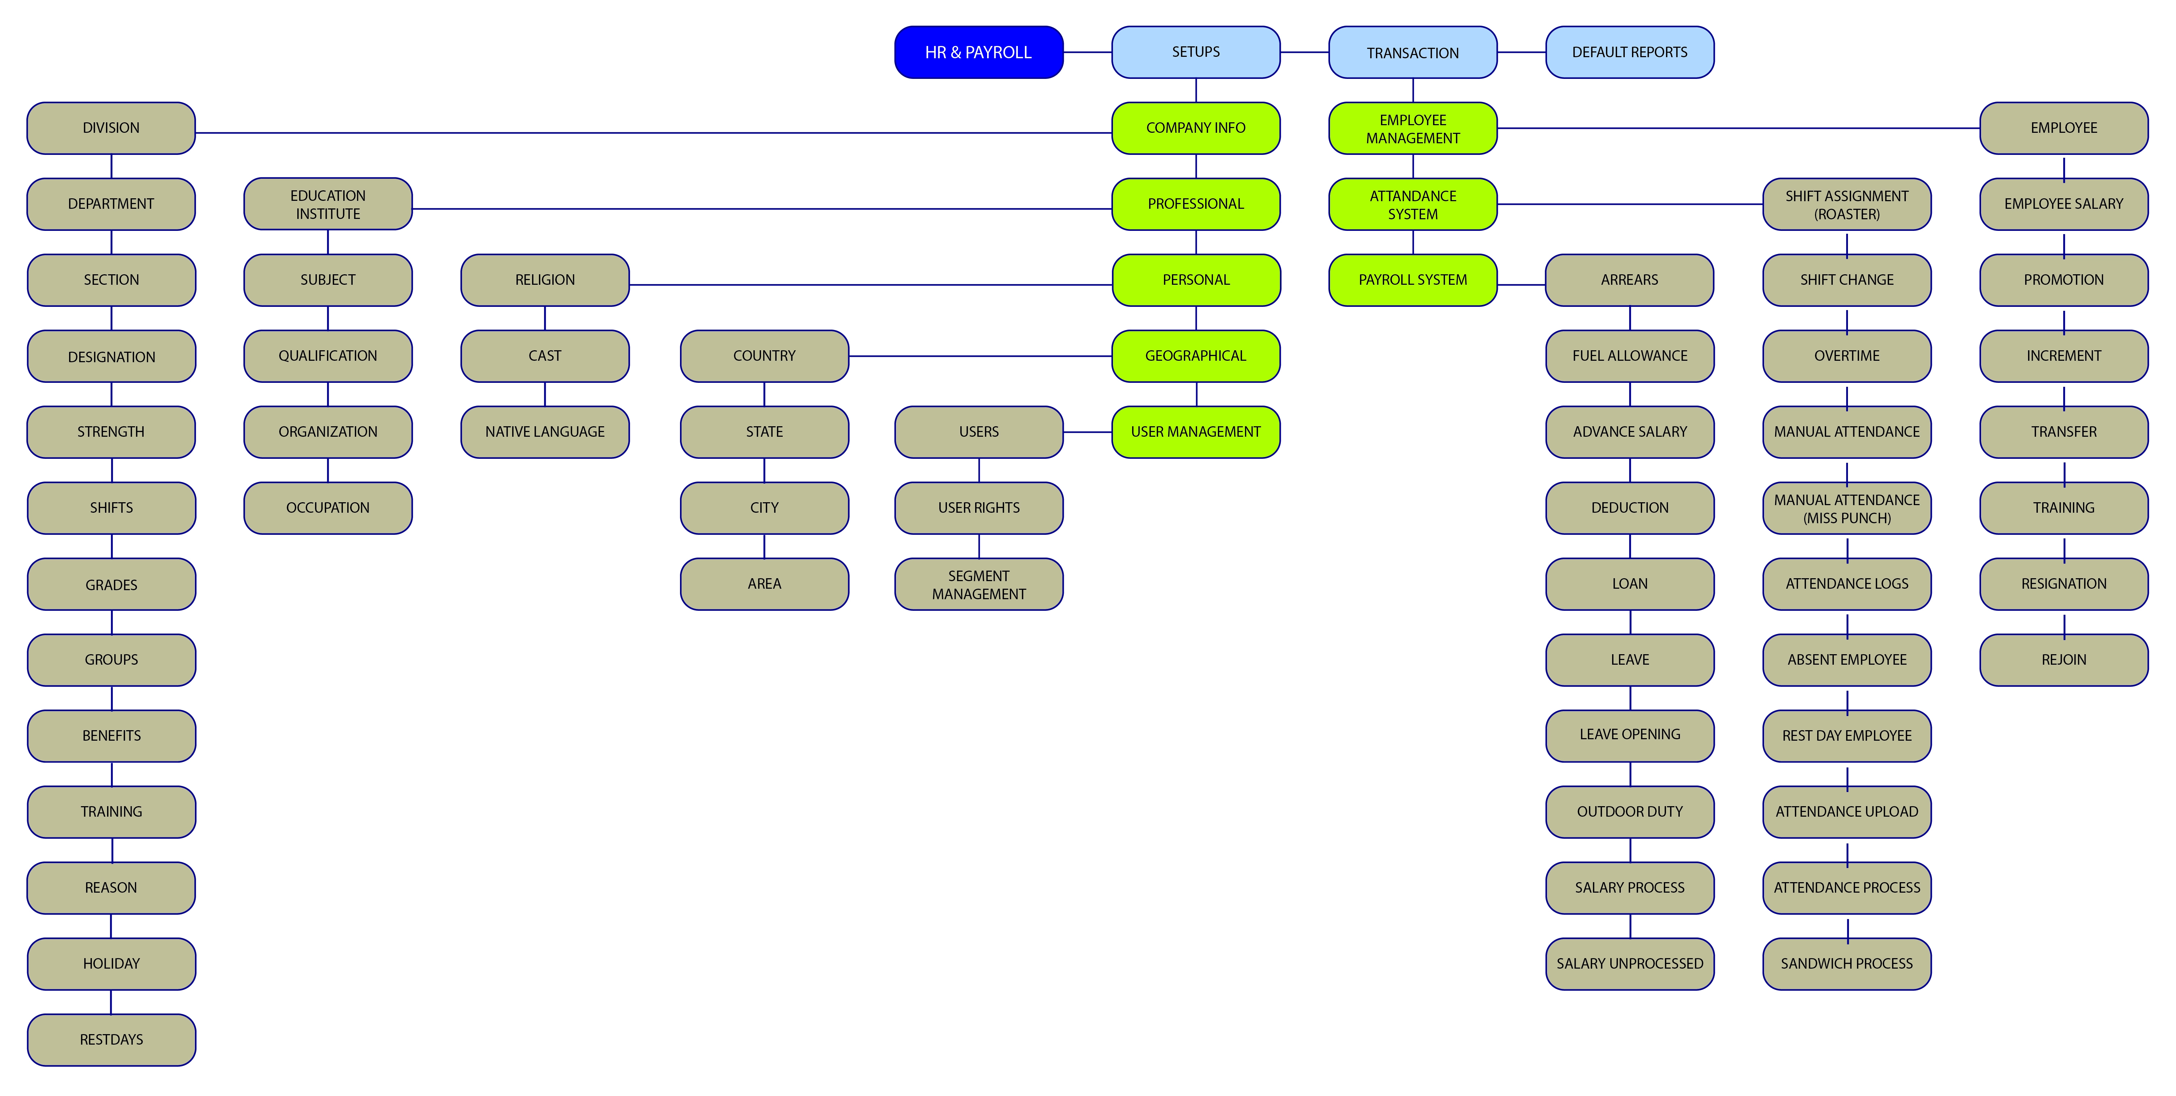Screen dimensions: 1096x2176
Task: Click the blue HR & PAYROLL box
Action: [x=978, y=52]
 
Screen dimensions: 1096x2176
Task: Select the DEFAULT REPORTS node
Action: [x=1629, y=52]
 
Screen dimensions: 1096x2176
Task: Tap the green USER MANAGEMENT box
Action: [x=1195, y=432]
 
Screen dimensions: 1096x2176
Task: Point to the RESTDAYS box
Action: [x=111, y=1040]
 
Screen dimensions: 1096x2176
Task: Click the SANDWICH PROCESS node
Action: [x=1846, y=963]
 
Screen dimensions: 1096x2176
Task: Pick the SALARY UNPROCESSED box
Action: [x=1629, y=963]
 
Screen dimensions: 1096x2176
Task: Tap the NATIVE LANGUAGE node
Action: [x=545, y=432]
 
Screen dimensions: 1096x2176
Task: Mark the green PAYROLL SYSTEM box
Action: [x=1412, y=280]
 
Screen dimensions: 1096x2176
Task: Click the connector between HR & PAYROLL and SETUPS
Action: [x=1087, y=52]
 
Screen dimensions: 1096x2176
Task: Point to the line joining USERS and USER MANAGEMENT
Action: [x=1087, y=432]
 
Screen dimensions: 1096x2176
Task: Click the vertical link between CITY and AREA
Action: [x=765, y=546]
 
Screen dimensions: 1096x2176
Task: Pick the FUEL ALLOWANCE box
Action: [x=1629, y=356]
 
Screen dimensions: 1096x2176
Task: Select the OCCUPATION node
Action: [x=328, y=508]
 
